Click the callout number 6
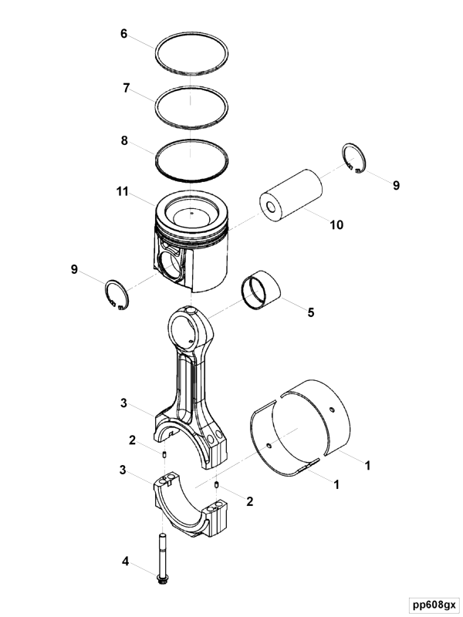pyautogui.click(x=124, y=34)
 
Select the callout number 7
pyautogui.click(x=126, y=88)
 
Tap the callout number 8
pyautogui.click(x=124, y=140)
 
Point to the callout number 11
pyautogui.click(x=123, y=191)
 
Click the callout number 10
pyautogui.click(x=336, y=224)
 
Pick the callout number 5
pyautogui.click(x=311, y=312)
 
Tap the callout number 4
pyautogui.click(x=125, y=561)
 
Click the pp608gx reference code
pyautogui.click(x=434, y=604)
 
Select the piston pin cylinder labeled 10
pyautogui.click(x=291, y=194)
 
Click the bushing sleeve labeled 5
pyautogui.click(x=261, y=291)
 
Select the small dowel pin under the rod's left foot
pyautogui.click(x=164, y=455)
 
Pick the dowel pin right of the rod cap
pyautogui.click(x=217, y=484)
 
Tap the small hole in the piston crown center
pyautogui.click(x=191, y=214)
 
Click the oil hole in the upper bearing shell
pyautogui.click(x=333, y=410)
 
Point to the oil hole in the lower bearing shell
pyautogui.click(x=269, y=446)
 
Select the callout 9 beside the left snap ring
pyautogui.click(x=74, y=269)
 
